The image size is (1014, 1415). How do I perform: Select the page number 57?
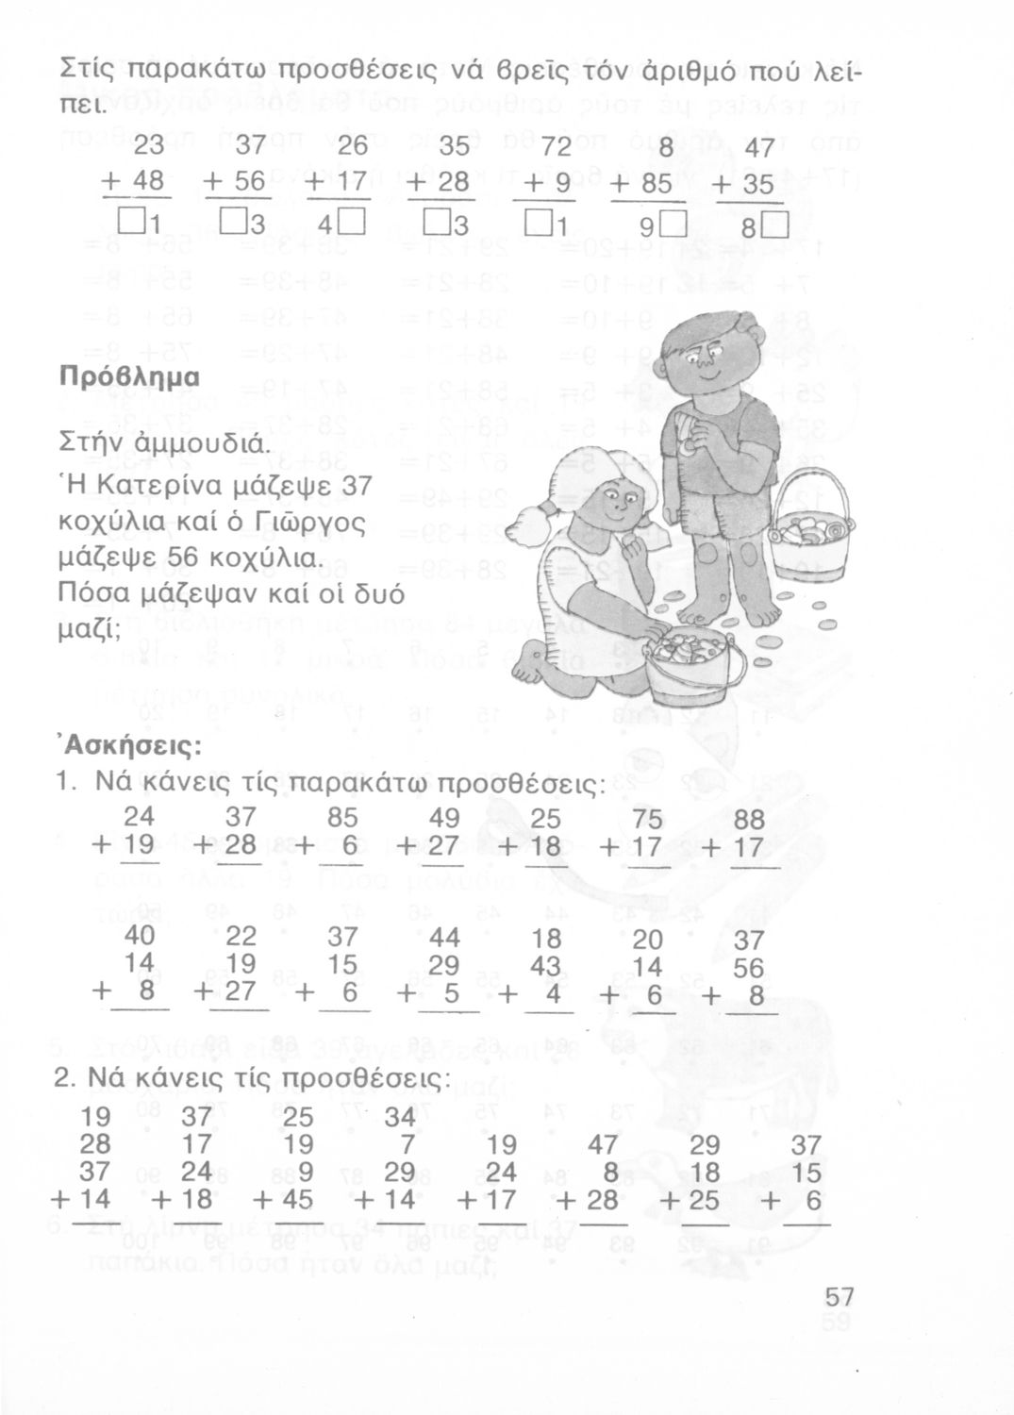tap(836, 1299)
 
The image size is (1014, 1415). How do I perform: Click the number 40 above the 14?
tap(140, 938)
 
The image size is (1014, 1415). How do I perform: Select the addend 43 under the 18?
tap(544, 967)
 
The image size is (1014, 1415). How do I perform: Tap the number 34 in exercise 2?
tap(401, 1119)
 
